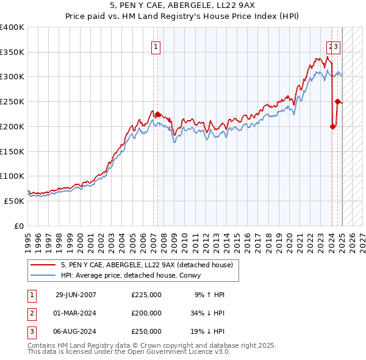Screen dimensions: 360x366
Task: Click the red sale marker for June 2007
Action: pos(157,114)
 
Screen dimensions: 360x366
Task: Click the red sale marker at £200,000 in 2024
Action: pos(333,127)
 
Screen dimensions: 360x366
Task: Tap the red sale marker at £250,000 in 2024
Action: pos(337,102)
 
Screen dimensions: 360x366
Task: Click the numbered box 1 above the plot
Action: pos(156,46)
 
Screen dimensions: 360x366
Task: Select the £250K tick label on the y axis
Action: pos(12,102)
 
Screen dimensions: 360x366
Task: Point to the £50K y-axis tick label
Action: pos(14,201)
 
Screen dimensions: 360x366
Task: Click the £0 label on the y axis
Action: pos(18,226)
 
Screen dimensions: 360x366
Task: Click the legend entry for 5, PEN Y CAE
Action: pos(146,265)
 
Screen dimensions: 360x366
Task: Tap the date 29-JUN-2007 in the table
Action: pos(76,295)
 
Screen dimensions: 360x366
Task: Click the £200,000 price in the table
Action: pos(146,313)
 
